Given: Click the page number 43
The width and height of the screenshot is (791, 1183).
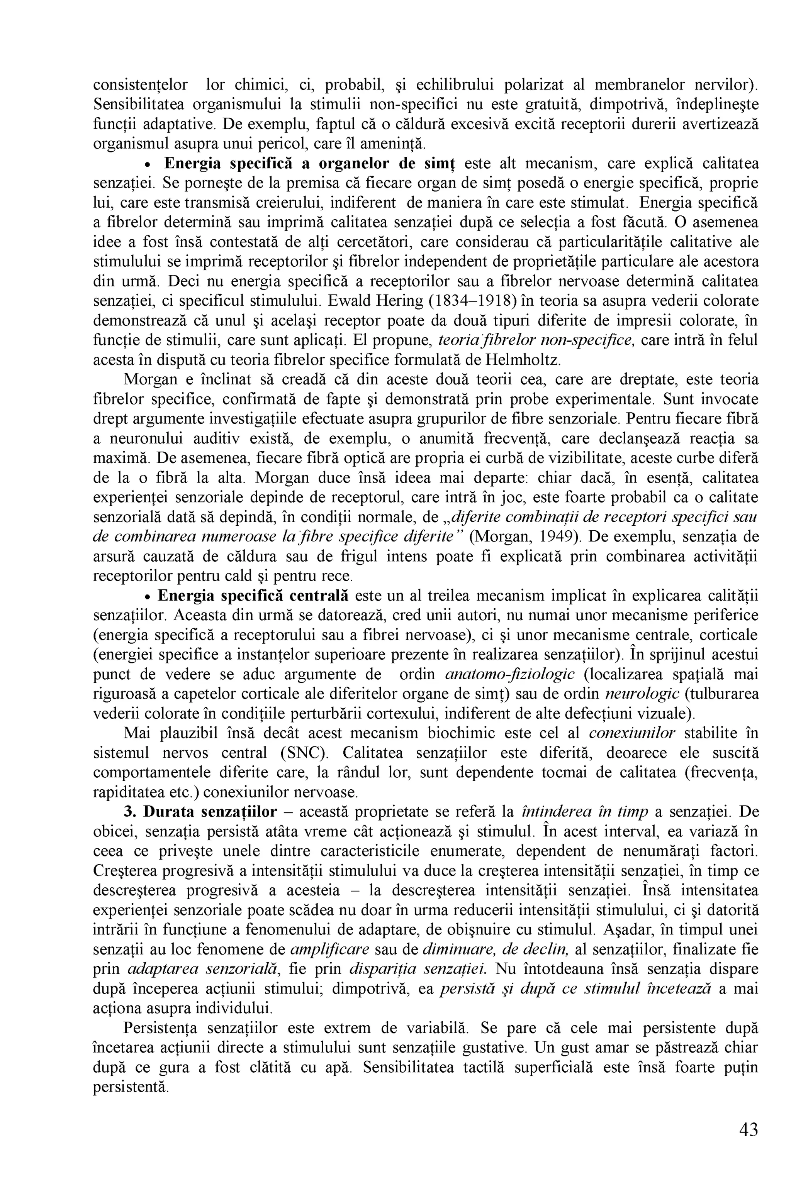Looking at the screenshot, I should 748,1130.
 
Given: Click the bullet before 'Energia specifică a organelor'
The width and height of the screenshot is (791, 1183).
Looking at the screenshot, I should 148,165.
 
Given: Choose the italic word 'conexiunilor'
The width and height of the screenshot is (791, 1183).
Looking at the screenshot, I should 631,733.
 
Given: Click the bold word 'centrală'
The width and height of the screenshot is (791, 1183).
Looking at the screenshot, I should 318,596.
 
